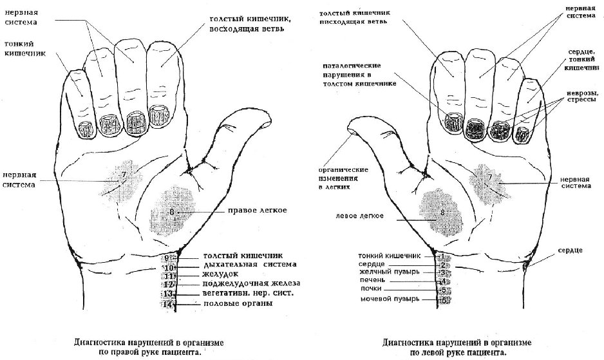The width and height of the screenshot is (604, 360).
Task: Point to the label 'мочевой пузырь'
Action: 389,299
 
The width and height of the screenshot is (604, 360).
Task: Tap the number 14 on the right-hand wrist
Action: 169,304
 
